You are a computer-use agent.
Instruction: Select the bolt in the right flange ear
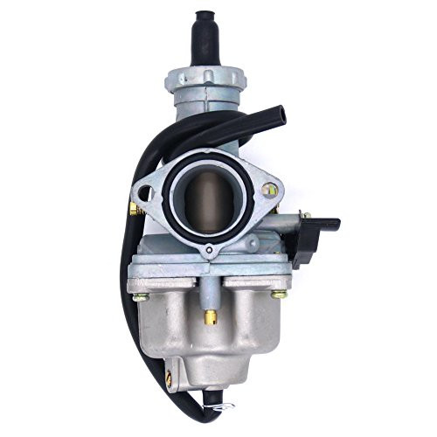coord(272,189)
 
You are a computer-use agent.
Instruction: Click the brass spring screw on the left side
coord(132,209)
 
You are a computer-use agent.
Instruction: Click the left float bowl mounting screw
coord(137,299)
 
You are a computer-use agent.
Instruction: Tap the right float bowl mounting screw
coord(278,295)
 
